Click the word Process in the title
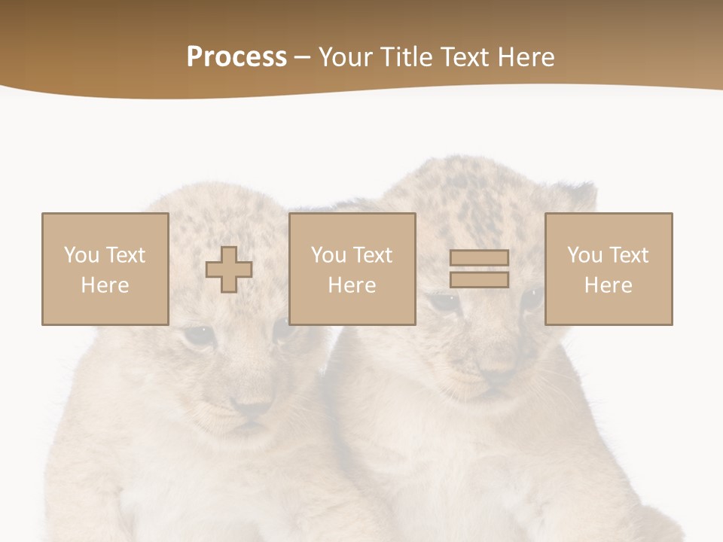tap(236, 57)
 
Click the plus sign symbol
tap(229, 269)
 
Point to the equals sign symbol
tap(479, 269)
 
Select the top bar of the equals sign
tap(479, 258)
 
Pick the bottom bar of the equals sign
tap(479, 279)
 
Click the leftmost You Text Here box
tap(105, 269)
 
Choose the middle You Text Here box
tap(352, 269)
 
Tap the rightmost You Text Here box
tap(609, 269)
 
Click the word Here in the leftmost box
tap(105, 285)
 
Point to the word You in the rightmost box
tap(584, 255)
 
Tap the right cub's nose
tap(496, 373)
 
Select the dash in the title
tap(303, 57)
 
